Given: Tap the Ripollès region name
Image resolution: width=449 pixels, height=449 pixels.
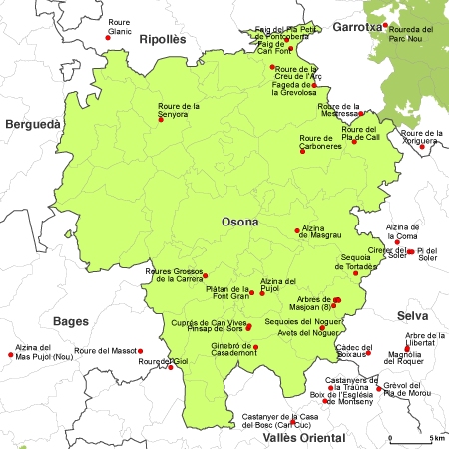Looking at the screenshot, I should (164, 39).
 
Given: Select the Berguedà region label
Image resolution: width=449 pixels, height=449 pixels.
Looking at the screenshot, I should (33, 124).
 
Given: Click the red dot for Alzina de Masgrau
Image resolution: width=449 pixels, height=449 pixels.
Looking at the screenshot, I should (297, 232).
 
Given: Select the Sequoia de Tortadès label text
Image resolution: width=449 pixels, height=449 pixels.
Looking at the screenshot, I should (357, 263).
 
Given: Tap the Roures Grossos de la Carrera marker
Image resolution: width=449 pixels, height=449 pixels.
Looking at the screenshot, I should (206, 275).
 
